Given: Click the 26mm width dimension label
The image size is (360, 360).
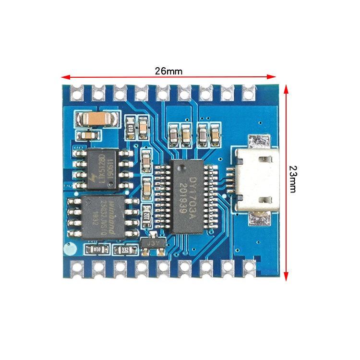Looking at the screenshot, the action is tap(168, 71).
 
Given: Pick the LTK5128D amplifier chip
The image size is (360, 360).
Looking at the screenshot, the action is tap(102, 168).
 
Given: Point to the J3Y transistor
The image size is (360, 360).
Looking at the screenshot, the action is tap(154, 243).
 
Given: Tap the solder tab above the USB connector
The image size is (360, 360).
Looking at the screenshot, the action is tap(259, 143).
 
